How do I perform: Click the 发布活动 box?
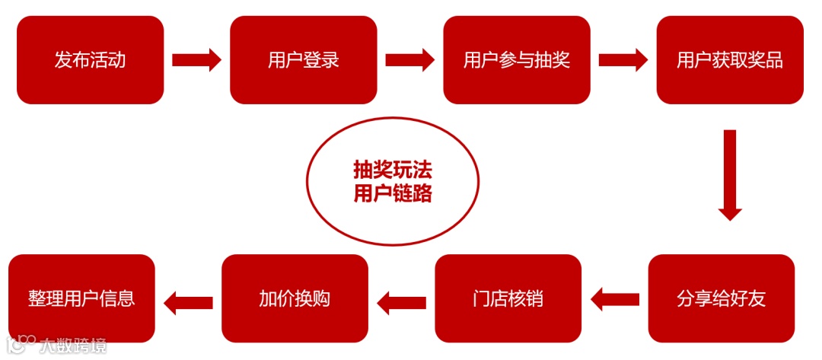coord(90,60)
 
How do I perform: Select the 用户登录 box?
coord(304,60)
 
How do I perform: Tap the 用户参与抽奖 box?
coord(517,60)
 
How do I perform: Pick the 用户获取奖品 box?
coord(730,60)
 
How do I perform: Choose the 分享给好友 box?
coord(722,298)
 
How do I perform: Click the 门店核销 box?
coord(508,298)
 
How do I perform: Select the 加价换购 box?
coord(295,298)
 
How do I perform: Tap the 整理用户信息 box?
coord(81,298)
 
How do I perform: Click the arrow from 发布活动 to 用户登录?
coord(196,60)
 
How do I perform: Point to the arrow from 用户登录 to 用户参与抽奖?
coord(409,60)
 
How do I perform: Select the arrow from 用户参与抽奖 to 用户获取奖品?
coord(623,60)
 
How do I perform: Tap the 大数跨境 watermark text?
coord(73,345)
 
